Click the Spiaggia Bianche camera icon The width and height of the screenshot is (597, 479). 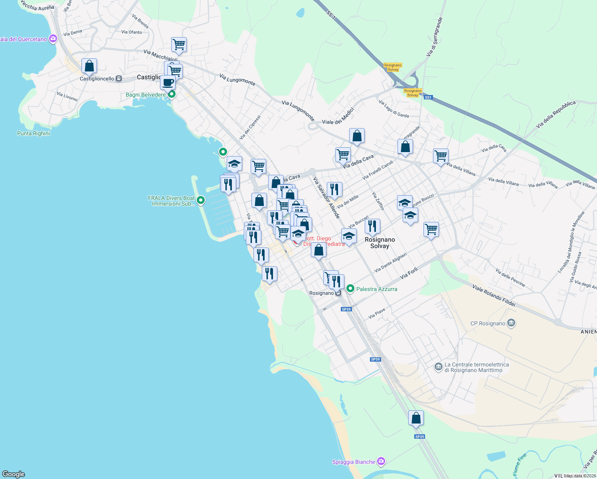(381, 461)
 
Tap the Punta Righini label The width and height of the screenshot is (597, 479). (34, 133)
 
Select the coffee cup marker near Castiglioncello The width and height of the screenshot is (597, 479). (168, 83)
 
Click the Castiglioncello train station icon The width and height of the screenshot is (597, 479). (119, 79)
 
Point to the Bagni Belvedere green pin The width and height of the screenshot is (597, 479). (172, 95)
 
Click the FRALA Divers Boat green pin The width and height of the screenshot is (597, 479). (201, 200)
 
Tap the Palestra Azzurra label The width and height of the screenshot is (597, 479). (376, 289)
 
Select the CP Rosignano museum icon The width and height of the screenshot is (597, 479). (511, 323)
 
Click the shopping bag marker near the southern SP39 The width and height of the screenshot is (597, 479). (416, 418)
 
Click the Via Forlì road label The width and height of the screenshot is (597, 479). (409, 273)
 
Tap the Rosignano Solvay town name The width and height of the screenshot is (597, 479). (380, 243)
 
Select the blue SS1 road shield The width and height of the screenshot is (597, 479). (428, 97)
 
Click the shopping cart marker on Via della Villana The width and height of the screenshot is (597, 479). (441, 156)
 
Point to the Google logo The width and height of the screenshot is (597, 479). (14, 474)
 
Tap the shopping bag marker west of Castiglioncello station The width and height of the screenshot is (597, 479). (89, 66)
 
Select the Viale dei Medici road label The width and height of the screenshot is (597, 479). (338, 116)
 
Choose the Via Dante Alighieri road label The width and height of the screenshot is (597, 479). (391, 262)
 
